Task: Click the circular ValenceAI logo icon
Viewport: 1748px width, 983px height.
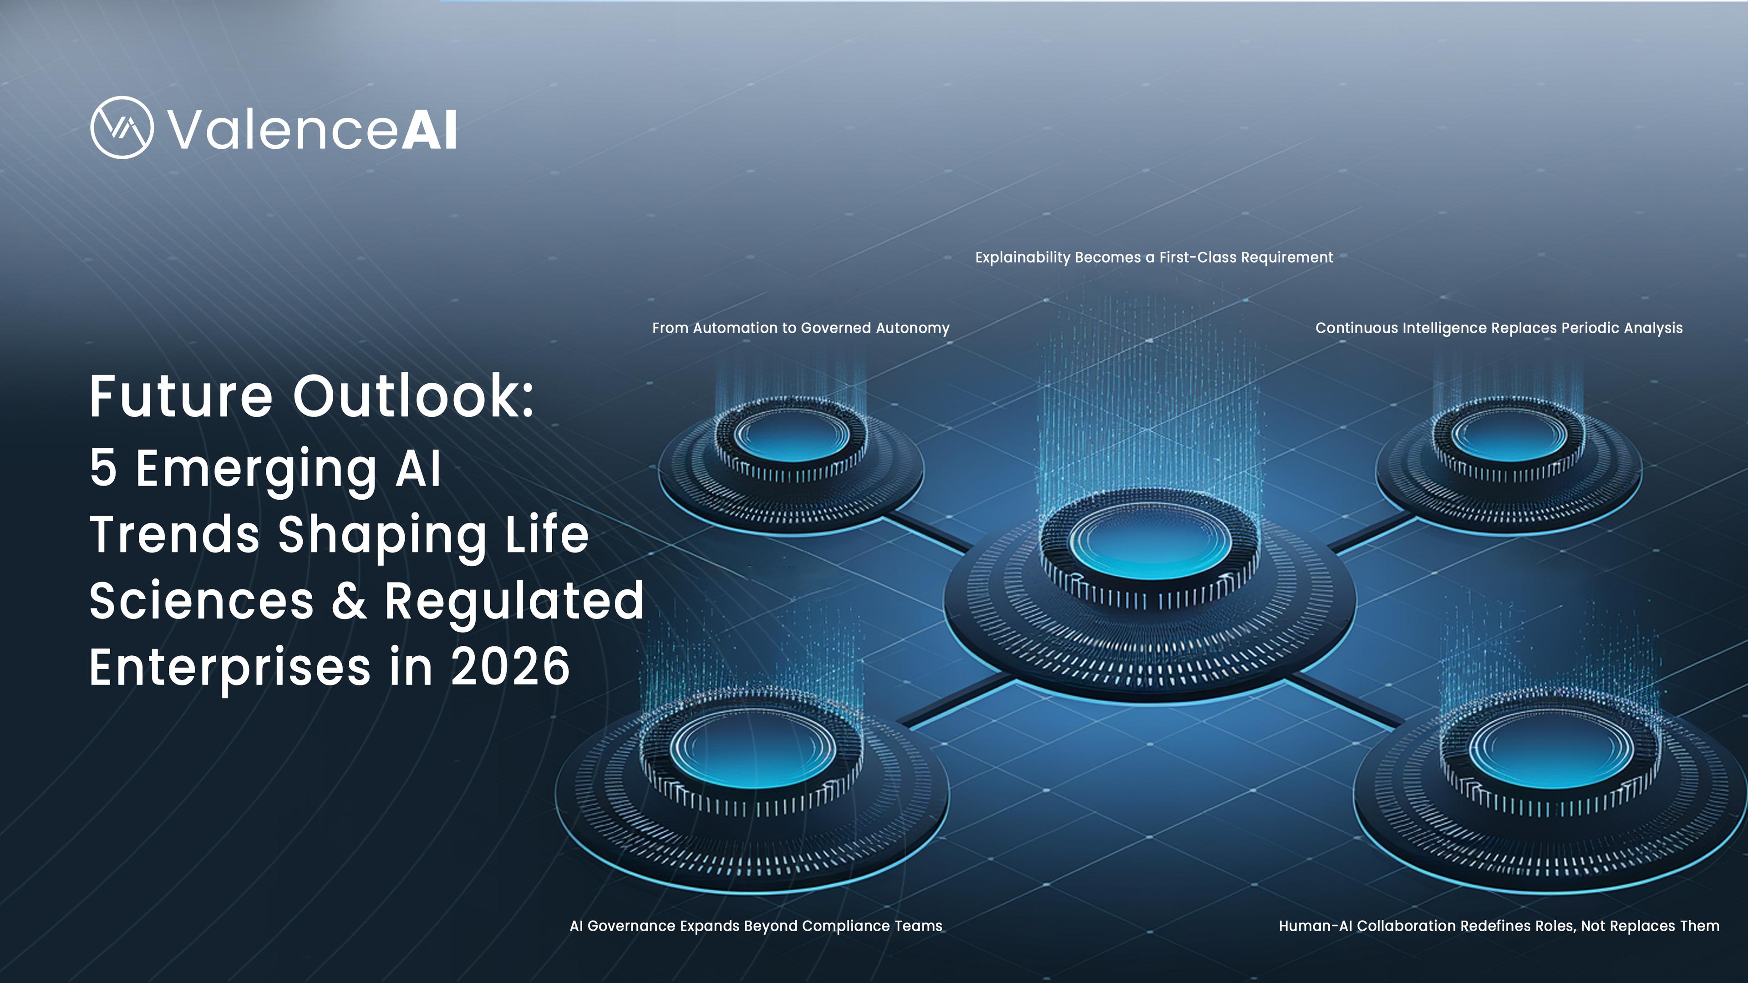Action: click(x=122, y=127)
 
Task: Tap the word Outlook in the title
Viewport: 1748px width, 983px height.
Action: click(x=412, y=396)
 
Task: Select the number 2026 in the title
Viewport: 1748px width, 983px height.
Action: click(x=510, y=666)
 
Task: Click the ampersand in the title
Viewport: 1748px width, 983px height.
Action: click(x=350, y=600)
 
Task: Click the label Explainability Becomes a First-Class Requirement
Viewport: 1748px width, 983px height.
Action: click(x=1153, y=258)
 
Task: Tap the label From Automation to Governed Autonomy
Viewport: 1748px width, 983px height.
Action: click(x=801, y=328)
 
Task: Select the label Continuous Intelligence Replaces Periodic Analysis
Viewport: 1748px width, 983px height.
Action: click(x=1499, y=328)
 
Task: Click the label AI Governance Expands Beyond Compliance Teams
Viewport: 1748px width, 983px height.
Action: click(x=756, y=926)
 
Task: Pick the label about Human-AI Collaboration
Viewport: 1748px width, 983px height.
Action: click(x=1499, y=926)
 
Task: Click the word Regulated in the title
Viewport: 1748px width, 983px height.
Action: click(x=513, y=600)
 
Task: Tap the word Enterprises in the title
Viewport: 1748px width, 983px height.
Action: click(x=230, y=666)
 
